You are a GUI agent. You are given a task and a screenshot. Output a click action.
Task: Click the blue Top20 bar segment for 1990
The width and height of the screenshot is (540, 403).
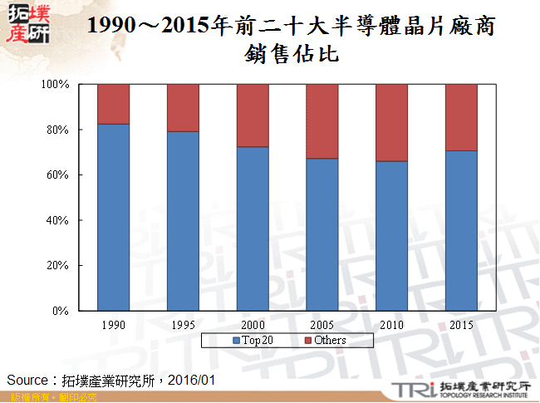click(113, 217)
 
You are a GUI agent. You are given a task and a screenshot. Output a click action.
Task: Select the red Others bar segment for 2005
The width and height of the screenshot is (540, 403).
click(322, 121)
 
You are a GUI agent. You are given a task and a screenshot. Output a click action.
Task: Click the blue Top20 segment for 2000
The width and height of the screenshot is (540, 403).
click(252, 229)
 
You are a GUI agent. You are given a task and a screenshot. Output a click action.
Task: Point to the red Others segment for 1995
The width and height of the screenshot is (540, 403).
click(182, 108)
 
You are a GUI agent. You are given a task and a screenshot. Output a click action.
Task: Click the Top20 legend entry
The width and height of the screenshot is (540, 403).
click(254, 340)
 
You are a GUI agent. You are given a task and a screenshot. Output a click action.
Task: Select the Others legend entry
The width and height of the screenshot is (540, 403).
click(324, 340)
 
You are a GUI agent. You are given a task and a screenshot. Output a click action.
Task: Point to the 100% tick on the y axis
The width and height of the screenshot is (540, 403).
click(58, 85)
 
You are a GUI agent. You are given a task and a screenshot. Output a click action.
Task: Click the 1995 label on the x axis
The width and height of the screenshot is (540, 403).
click(182, 324)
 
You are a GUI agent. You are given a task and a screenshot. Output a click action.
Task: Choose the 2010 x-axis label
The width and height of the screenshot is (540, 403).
click(391, 324)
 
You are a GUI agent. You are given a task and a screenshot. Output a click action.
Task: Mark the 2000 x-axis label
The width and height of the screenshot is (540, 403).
click(252, 324)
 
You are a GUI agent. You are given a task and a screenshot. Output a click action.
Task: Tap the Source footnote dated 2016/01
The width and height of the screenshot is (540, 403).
click(111, 379)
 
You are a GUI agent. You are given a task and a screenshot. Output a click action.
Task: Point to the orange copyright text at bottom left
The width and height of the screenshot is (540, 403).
click(49, 398)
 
